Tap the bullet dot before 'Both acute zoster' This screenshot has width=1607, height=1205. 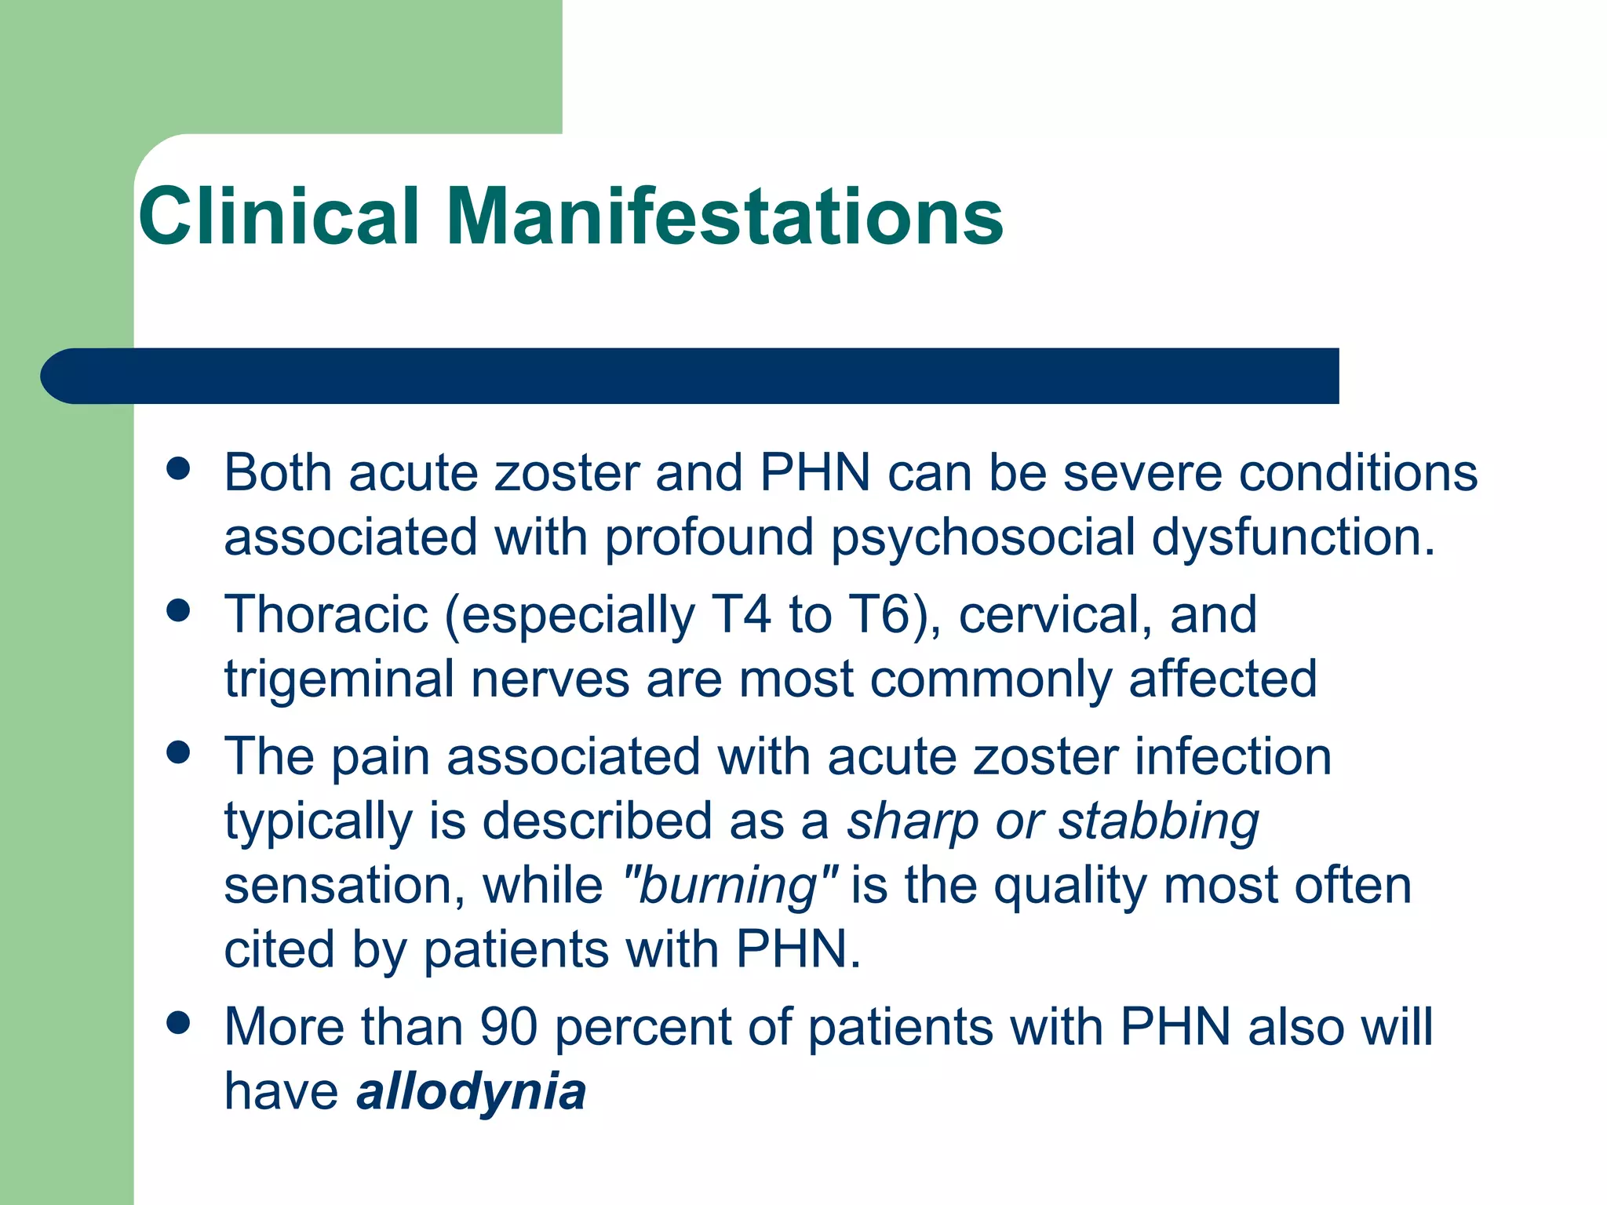pyautogui.click(x=179, y=469)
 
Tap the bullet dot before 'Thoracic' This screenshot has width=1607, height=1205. pyautogui.click(x=179, y=610)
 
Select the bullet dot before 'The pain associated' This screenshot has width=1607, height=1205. pyautogui.click(x=179, y=752)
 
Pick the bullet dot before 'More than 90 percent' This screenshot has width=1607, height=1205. pyautogui.click(x=179, y=1023)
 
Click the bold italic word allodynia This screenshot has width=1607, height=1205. pyautogui.click(x=471, y=1091)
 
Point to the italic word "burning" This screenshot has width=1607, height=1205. pyautogui.click(x=730, y=886)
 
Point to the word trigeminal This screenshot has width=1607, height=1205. pyautogui.click(x=339, y=680)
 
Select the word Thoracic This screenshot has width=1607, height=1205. pyautogui.click(x=326, y=614)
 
